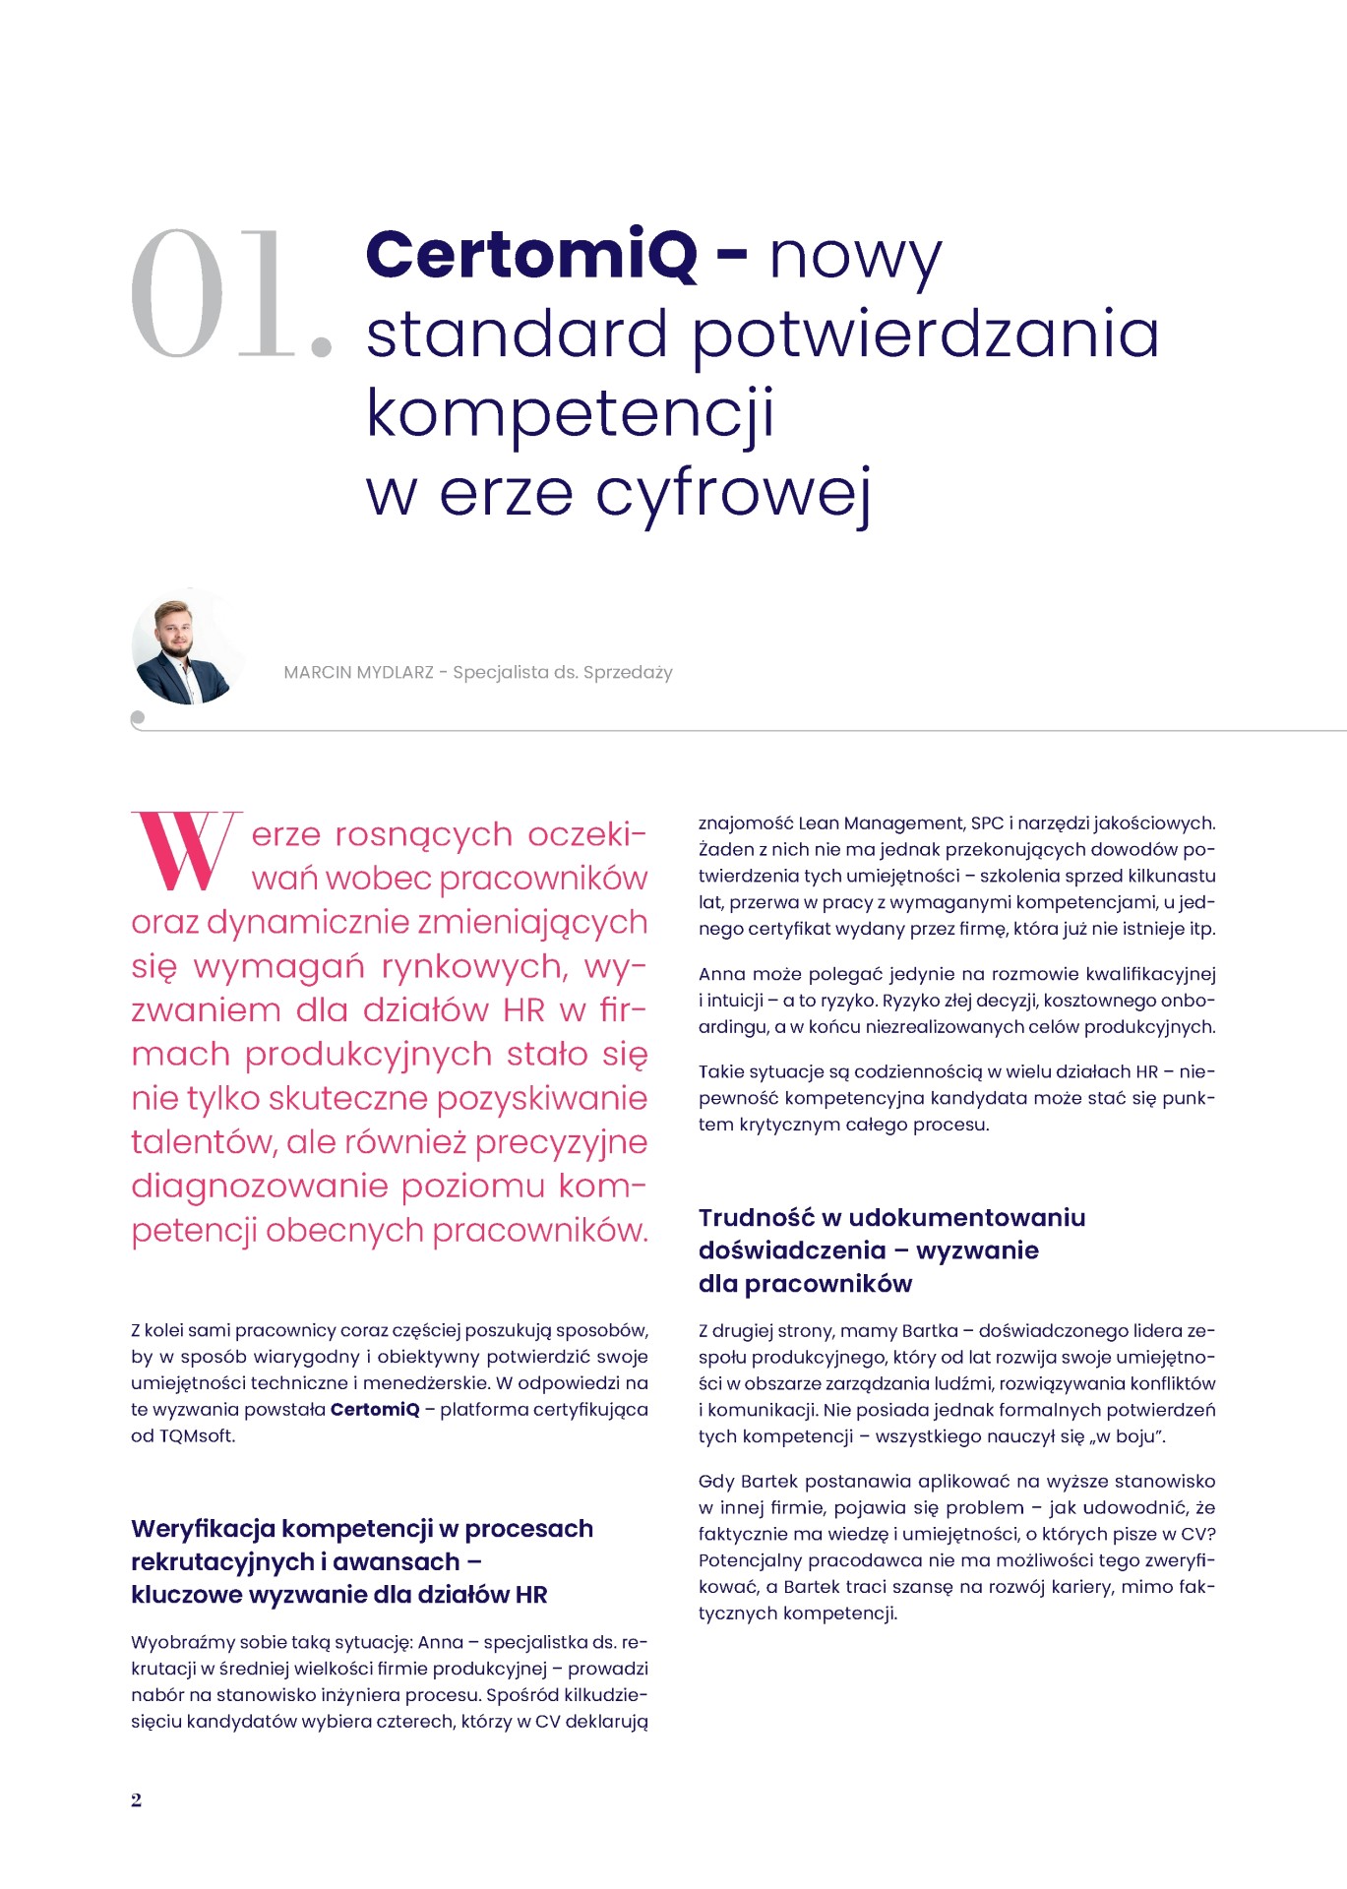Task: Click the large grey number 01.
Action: (229, 294)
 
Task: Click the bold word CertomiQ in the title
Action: (531, 255)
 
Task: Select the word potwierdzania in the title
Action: (926, 335)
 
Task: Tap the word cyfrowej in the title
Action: (733, 494)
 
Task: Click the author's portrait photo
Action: (188, 650)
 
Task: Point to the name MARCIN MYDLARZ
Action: (358, 673)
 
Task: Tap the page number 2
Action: (136, 1799)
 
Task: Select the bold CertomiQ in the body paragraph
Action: (375, 1409)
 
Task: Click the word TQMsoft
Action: (197, 1435)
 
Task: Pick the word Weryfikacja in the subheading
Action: (202, 1528)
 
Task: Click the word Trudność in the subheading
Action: (757, 1217)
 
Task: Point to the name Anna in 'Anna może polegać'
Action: (721, 974)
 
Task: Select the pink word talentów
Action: (202, 1142)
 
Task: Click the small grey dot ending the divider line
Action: (138, 718)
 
